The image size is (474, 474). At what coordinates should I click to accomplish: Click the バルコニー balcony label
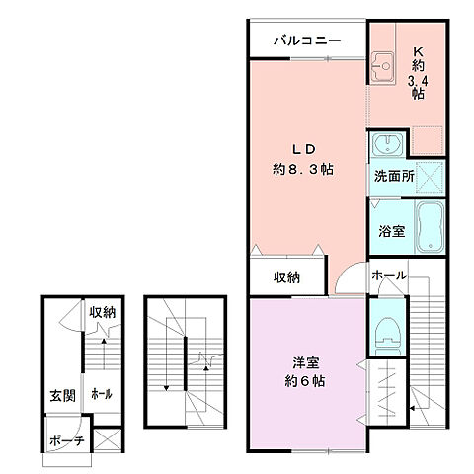coord(307,42)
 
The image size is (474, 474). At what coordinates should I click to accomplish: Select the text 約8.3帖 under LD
coord(304,169)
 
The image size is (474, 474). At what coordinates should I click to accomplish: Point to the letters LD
coord(302,149)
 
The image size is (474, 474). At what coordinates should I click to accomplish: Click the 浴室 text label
coord(391,232)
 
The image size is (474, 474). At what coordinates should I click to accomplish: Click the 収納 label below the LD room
coord(285,277)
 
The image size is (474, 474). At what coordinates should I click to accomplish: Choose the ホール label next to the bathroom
coord(389,276)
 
